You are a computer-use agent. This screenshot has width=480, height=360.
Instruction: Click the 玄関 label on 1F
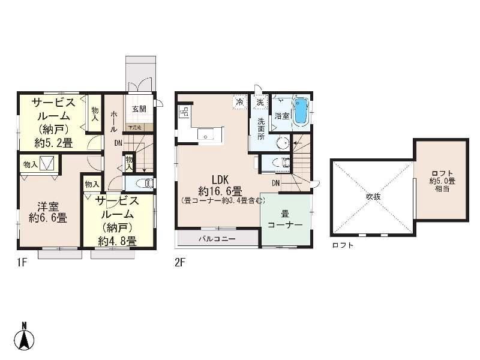139,109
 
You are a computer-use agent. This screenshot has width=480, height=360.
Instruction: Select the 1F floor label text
22,262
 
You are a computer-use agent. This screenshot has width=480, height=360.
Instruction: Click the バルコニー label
217,239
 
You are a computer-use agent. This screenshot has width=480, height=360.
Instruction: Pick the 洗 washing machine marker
260,103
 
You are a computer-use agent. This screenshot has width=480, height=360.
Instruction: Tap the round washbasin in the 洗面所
282,142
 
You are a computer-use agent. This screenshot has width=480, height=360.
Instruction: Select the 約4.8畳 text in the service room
118,241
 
